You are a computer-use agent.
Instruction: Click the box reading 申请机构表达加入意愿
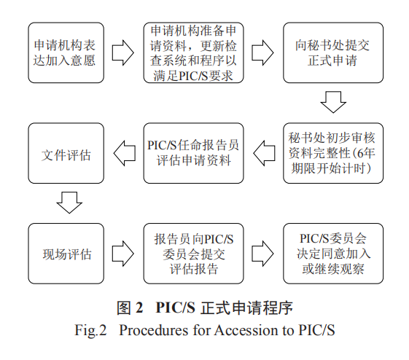tap(66, 52)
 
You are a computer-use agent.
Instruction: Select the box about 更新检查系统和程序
tap(193, 52)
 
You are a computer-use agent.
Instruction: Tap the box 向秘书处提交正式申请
tap(333, 52)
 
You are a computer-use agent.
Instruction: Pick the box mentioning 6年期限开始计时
tap(333, 153)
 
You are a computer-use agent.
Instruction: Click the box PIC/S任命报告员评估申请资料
tap(193, 153)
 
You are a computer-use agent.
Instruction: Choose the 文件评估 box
tap(66, 153)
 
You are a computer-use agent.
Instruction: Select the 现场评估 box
tap(66, 254)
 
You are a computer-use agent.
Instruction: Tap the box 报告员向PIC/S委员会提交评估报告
tap(193, 254)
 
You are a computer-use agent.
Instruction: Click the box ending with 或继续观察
tap(333, 254)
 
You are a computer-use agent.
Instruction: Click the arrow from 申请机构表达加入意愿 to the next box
tap(123, 52)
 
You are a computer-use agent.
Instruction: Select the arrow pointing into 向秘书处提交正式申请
tap(262, 52)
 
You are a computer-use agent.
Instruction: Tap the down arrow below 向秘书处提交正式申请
tap(333, 102)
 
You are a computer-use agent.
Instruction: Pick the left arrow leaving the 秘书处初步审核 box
tap(264, 153)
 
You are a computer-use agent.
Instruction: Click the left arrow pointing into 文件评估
tap(125, 153)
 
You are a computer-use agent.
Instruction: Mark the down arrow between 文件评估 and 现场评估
tap(69, 203)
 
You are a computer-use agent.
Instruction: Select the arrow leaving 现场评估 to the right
tap(123, 254)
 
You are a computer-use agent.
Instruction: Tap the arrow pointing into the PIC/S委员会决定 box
tap(262, 254)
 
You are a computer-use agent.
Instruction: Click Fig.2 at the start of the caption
tap(90, 331)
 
